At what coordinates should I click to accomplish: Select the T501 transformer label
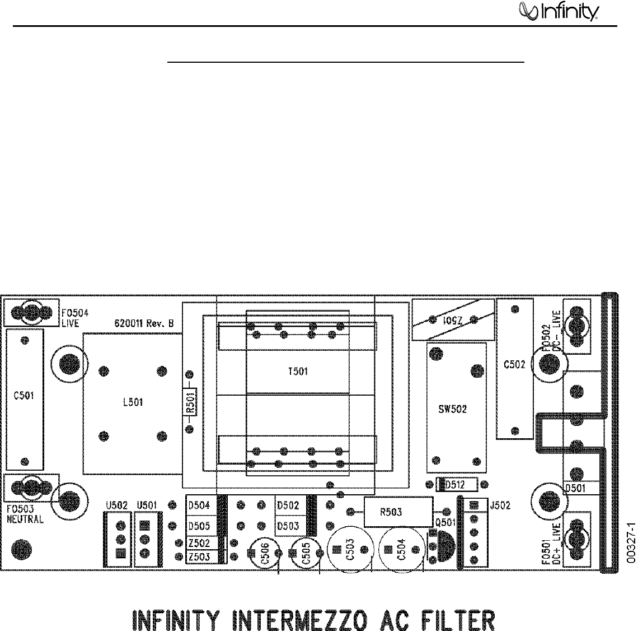297,371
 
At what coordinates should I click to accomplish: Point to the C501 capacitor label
24,396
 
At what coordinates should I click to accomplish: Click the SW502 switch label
453,409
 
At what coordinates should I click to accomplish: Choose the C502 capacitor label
514,364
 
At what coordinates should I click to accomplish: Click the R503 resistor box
398,512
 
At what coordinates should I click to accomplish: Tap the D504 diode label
199,505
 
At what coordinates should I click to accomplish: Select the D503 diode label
288,526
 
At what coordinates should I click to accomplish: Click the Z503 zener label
199,556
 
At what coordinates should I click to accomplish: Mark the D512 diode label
454,484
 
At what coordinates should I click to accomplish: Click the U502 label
114,505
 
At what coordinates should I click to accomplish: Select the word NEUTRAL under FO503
26,519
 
